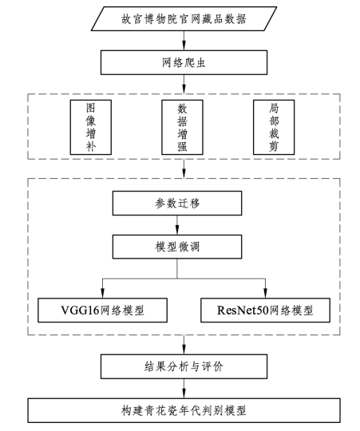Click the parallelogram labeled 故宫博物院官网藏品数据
(x=184, y=18)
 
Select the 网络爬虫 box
(x=184, y=62)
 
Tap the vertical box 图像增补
(x=91, y=127)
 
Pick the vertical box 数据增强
(x=182, y=127)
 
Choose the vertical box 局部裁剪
(x=274, y=127)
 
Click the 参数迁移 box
(x=177, y=204)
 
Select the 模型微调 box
(x=177, y=247)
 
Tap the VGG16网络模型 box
(x=102, y=310)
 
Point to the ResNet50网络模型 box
(x=266, y=310)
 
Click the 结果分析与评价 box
(x=184, y=366)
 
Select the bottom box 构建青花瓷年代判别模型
(x=184, y=410)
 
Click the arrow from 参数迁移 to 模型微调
(x=177, y=225)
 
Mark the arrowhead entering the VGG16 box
(x=102, y=293)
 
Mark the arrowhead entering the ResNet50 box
(x=266, y=293)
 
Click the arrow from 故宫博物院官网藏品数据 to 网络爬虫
(x=184, y=41)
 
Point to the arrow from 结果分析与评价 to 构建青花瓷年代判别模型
(x=184, y=389)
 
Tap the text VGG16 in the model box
(x=80, y=310)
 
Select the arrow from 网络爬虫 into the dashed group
(x=184, y=85)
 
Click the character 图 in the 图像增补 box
(x=91, y=108)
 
